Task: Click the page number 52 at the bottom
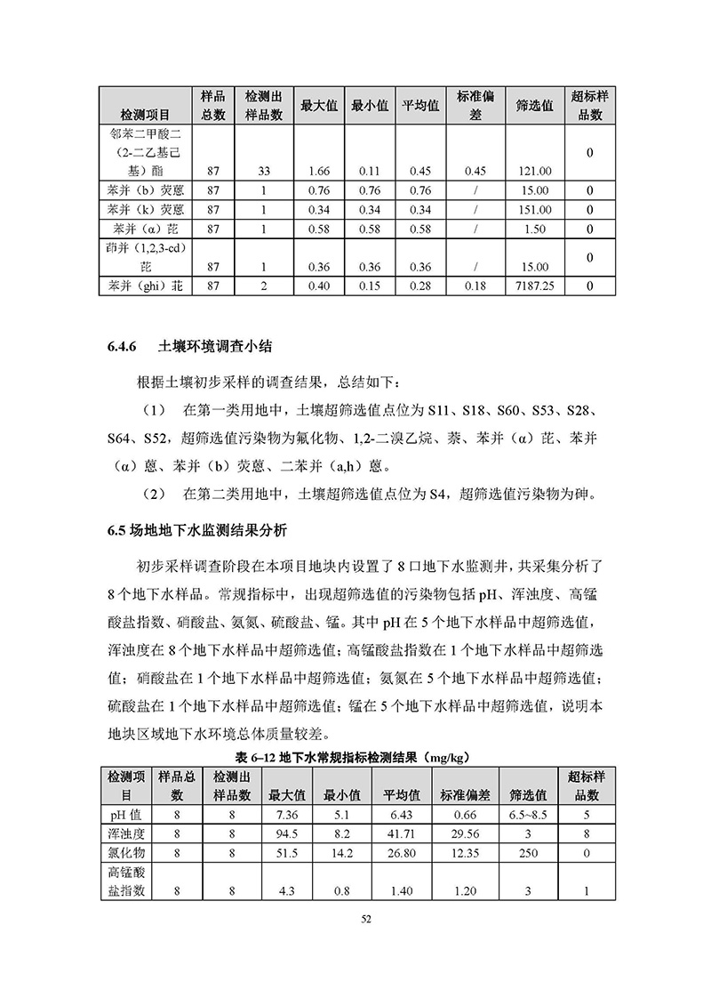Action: [355, 920]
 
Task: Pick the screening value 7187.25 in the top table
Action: [534, 286]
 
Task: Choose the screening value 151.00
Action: [534, 210]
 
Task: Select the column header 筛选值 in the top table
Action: [534, 105]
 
